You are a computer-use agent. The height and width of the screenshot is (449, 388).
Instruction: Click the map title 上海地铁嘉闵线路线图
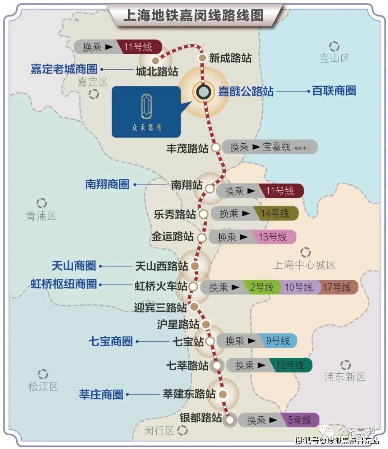pos(194,15)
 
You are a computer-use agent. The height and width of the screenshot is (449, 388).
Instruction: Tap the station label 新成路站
pos(230,58)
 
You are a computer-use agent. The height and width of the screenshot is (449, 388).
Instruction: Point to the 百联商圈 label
pos(334,91)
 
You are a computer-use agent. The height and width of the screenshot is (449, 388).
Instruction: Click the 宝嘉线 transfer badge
pos(277,147)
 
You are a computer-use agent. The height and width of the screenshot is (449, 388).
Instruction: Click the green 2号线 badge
pos(262,287)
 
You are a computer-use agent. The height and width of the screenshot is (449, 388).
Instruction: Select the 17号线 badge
pos(337,287)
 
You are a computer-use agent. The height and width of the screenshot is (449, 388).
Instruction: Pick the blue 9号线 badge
pos(278,341)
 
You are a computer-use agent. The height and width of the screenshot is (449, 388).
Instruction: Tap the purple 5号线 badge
pos(300,420)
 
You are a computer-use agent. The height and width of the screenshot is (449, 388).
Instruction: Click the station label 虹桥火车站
pos(161,286)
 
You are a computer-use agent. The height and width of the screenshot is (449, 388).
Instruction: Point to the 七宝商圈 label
pos(111,341)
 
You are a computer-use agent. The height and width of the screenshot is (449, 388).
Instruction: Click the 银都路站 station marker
pos(230,419)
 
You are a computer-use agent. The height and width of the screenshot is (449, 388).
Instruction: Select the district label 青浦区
pos(41,216)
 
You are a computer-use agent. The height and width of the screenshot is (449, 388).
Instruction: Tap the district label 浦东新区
pos(345,376)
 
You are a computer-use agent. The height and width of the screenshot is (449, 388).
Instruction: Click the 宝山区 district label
pos(334,58)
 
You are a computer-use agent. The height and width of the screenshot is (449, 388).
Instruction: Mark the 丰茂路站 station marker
pos(216,147)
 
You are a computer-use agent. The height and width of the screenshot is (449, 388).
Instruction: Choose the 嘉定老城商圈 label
pos(64,69)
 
